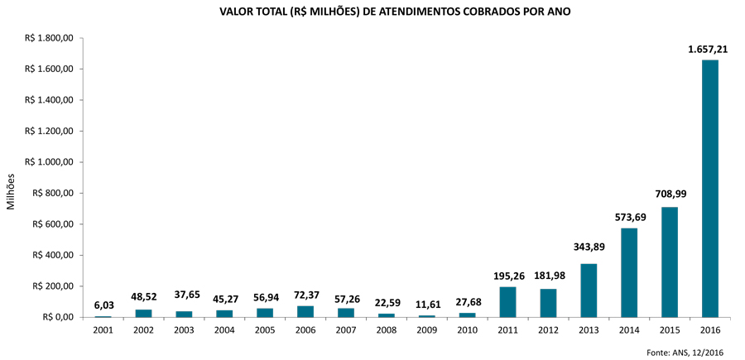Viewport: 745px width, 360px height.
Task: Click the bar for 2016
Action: point(710,189)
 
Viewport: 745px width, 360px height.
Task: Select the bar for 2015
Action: point(670,262)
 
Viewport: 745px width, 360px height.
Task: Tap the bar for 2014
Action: point(629,272)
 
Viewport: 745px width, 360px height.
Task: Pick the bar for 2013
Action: point(589,290)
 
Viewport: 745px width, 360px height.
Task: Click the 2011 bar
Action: point(507,302)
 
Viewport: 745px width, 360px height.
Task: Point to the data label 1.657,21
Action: point(709,50)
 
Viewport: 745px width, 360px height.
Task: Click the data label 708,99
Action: point(670,194)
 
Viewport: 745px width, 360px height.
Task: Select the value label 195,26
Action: point(507,275)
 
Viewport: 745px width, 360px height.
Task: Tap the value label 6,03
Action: point(103,305)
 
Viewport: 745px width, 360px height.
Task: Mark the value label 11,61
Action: point(427,304)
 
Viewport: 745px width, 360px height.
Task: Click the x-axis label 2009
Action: point(427,330)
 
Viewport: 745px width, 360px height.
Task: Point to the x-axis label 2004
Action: point(224,330)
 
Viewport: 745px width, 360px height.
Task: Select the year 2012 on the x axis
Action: point(548,330)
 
